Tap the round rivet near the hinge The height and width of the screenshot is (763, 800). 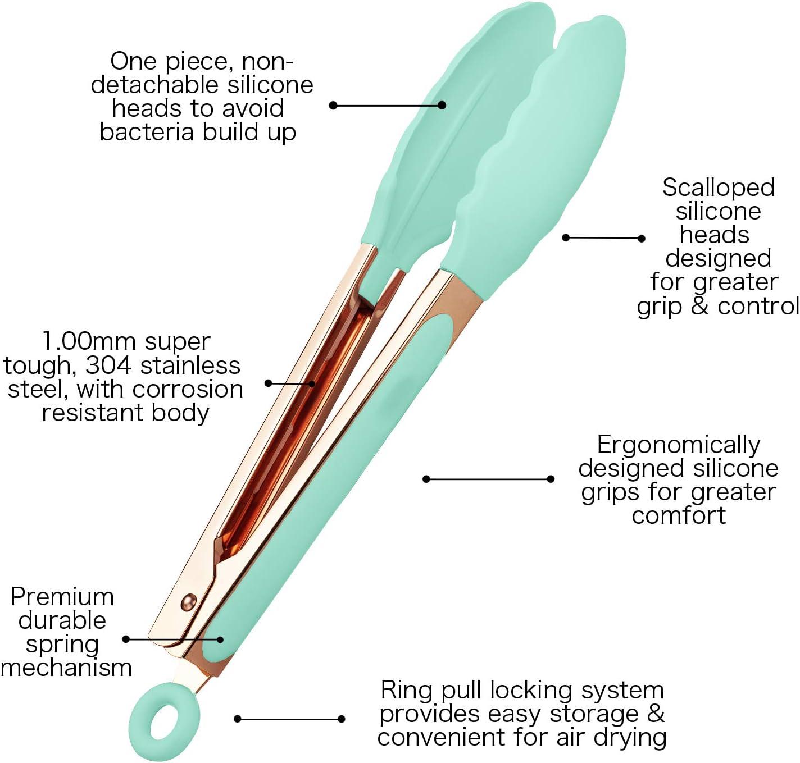[188, 601]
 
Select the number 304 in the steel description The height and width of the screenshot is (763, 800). [108, 365]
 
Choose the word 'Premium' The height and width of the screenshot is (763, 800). [62, 597]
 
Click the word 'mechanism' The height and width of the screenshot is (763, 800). [66, 668]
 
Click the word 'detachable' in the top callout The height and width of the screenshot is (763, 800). [155, 85]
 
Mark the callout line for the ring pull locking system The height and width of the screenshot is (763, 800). [290, 719]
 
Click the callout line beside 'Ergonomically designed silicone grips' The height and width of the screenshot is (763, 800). [488, 479]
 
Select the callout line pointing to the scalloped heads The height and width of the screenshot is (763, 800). [603, 238]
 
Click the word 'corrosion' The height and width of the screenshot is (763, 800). [188, 389]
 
